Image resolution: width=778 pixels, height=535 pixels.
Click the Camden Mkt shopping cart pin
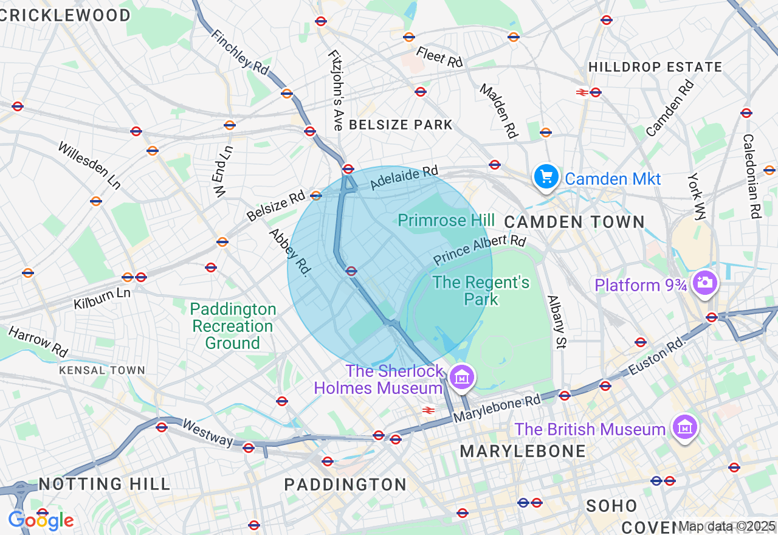coord(546,177)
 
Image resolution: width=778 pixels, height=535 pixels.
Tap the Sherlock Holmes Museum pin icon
coord(462,378)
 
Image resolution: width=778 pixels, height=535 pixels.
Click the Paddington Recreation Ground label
coord(233,326)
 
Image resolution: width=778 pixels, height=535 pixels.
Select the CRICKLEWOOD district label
coord(65,15)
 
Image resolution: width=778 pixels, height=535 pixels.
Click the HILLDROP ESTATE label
coord(655,67)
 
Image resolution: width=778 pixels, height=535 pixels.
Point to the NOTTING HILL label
coord(105,484)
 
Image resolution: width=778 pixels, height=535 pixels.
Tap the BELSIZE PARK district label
coord(401,125)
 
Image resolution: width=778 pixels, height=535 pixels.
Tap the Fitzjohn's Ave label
coord(336,90)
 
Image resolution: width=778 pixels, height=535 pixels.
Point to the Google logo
coord(41,520)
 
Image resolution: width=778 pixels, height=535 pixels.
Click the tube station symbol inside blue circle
coord(351,271)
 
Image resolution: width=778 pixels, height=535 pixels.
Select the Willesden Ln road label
coord(89,165)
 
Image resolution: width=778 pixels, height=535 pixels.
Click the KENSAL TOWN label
coord(102,370)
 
